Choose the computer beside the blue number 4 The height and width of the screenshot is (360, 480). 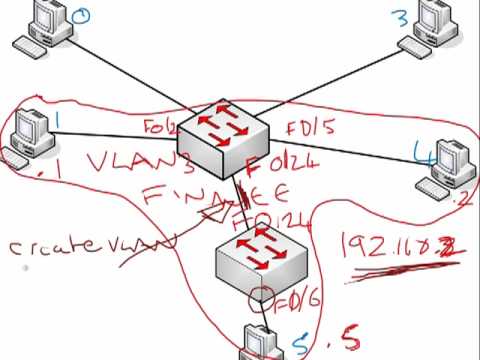[x=443, y=171]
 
